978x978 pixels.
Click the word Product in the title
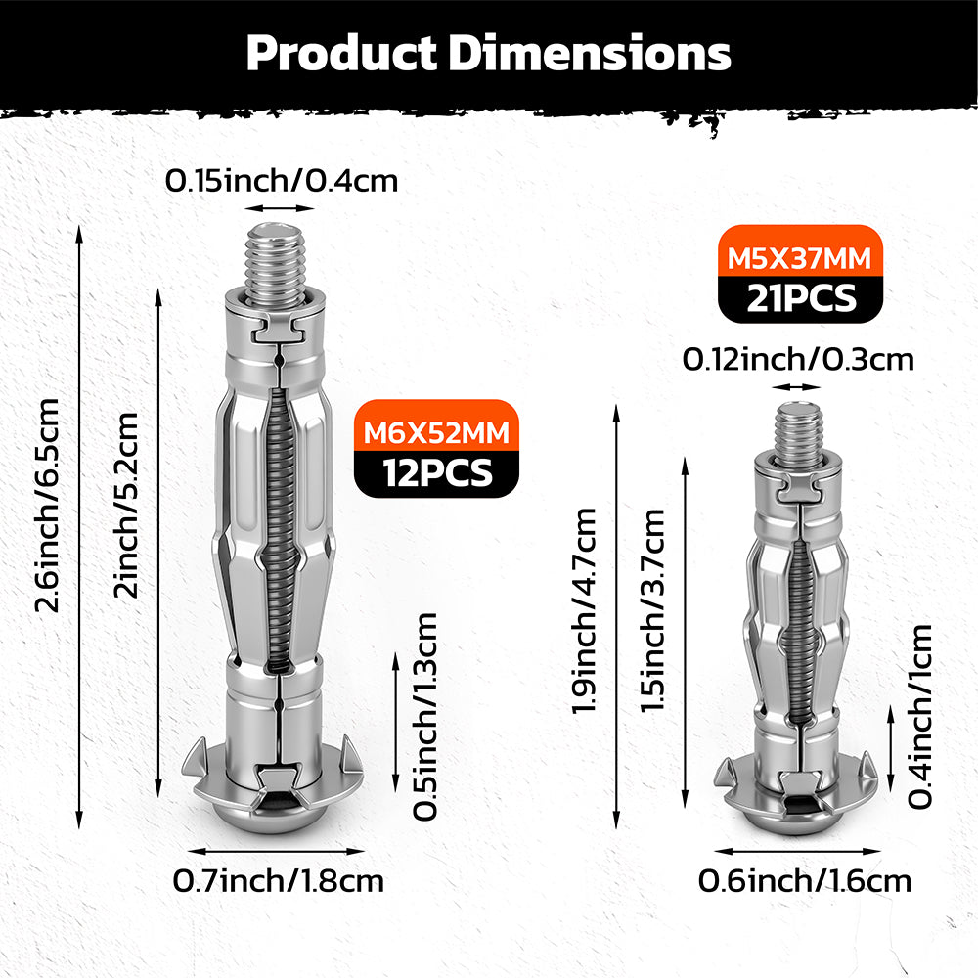point(341,53)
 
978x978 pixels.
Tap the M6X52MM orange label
point(436,432)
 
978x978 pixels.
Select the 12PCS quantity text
point(437,472)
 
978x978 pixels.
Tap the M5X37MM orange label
point(799,258)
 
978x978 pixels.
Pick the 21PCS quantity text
point(802,298)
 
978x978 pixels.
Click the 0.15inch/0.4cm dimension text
point(282,181)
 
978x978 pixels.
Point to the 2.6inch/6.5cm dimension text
point(47,506)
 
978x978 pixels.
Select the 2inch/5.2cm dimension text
point(125,505)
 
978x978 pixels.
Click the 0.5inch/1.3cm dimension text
point(424,716)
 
